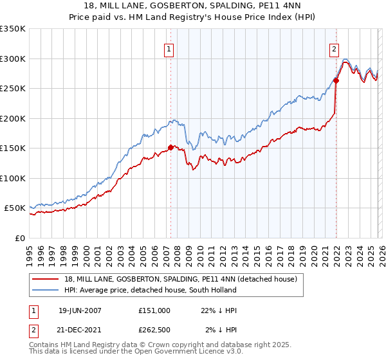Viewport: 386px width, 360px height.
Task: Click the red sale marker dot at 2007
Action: click(170, 147)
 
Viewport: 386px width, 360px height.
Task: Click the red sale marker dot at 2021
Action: click(336, 81)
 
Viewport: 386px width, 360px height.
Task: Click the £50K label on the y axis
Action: click(15, 208)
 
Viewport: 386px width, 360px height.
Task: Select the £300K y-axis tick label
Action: click(12, 59)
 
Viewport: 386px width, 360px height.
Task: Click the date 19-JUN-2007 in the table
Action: click(80, 310)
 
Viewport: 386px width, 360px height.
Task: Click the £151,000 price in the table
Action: click(154, 310)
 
